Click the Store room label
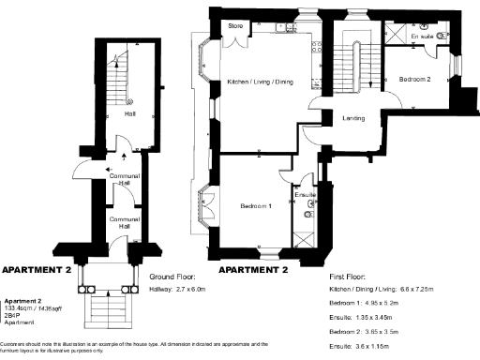pyautogui.click(x=235, y=26)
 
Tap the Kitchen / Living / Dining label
pyautogui.click(x=261, y=82)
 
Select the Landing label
pyautogui.click(x=353, y=118)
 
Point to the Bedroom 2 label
pyautogui.click(x=414, y=80)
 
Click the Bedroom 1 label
pyautogui.click(x=255, y=206)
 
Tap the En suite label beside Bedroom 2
pyautogui.click(x=423, y=36)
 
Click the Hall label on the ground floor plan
pyautogui.click(x=129, y=114)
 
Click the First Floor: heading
pyautogui.click(x=348, y=277)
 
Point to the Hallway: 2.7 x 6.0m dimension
pyautogui.click(x=177, y=291)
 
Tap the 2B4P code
pyautogui.click(x=14, y=315)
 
